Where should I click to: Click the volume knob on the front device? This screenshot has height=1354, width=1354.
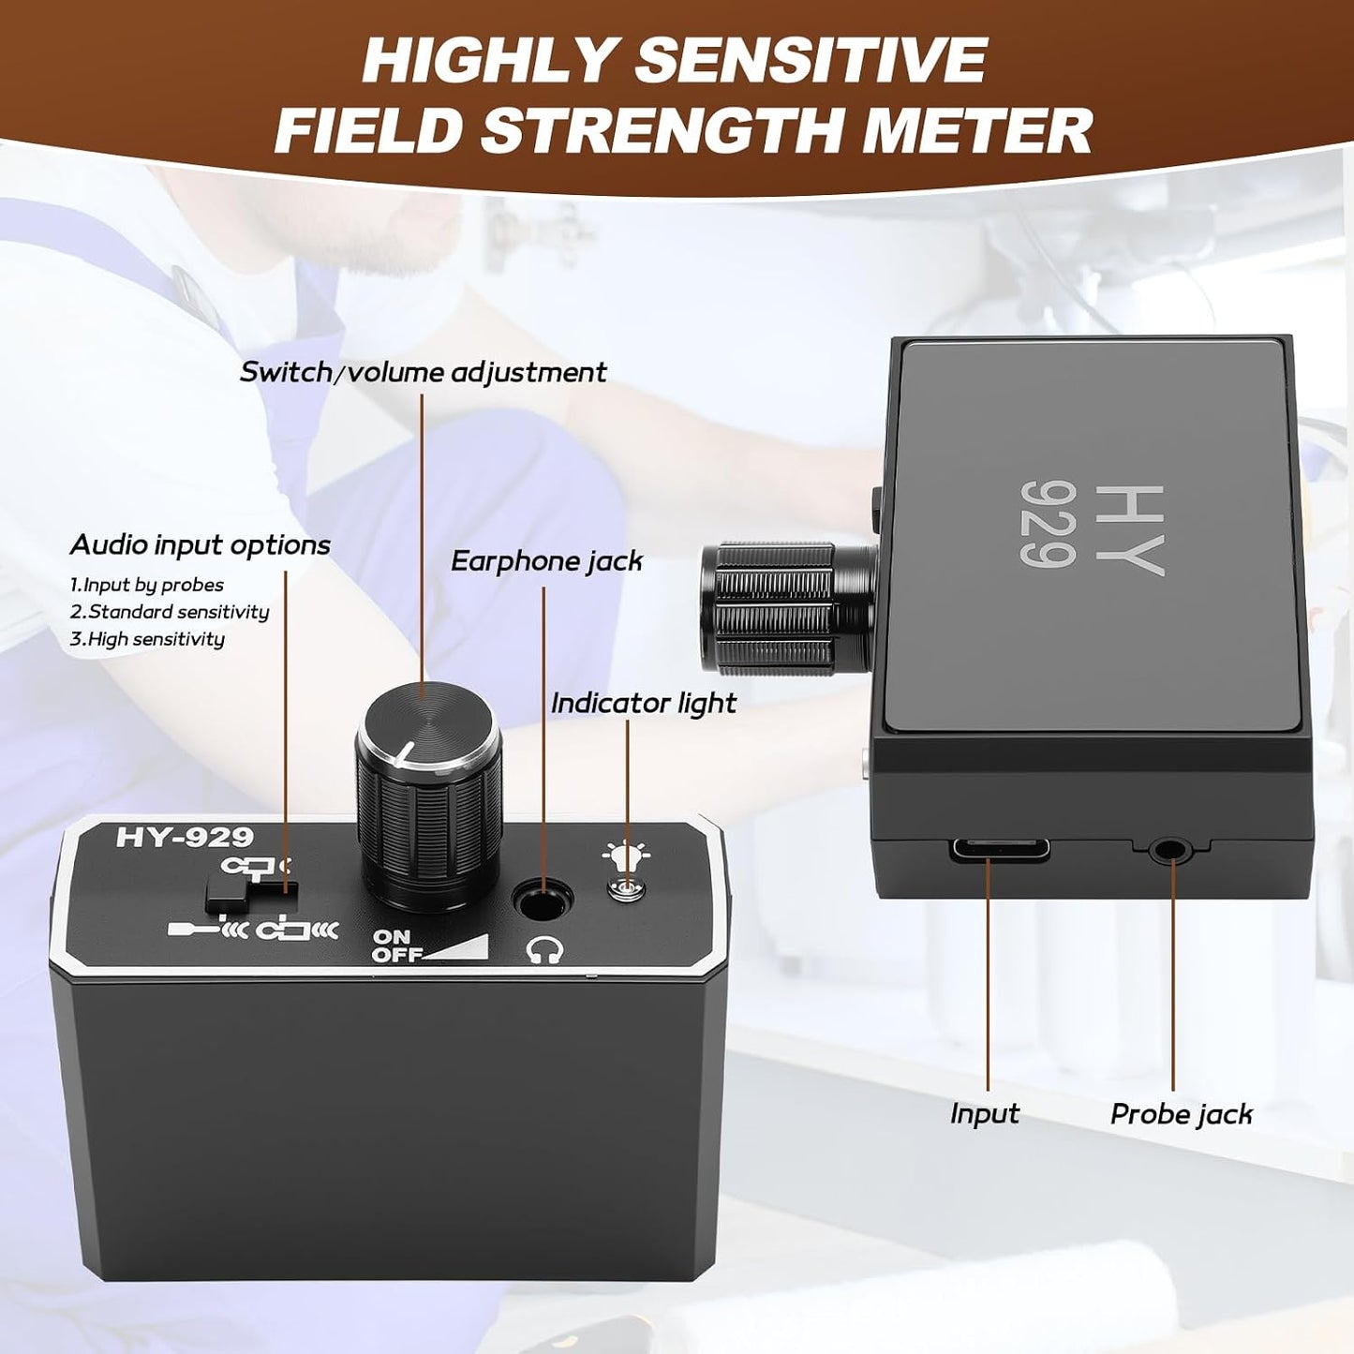click(429, 794)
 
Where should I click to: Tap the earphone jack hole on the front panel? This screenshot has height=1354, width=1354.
click(543, 900)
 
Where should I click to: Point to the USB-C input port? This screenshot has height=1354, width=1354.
click(1000, 849)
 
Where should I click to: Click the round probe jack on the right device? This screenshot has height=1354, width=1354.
click(1168, 851)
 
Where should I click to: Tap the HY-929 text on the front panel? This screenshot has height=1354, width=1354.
click(184, 836)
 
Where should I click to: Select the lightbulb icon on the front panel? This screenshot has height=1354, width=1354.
click(626, 854)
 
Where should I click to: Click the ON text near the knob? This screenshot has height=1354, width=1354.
click(392, 937)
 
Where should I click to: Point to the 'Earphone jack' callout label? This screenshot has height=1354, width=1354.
click(546, 560)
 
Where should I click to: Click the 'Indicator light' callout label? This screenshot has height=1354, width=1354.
click(644, 703)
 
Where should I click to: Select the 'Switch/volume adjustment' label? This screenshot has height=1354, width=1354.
click(423, 372)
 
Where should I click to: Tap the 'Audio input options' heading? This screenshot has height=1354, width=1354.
click(201, 545)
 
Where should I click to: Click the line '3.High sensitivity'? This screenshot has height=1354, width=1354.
click(147, 639)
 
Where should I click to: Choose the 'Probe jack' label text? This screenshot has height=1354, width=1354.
click(1182, 1114)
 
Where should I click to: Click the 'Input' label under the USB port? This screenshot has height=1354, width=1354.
click(985, 1114)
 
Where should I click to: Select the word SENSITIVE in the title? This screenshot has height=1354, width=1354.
click(811, 60)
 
